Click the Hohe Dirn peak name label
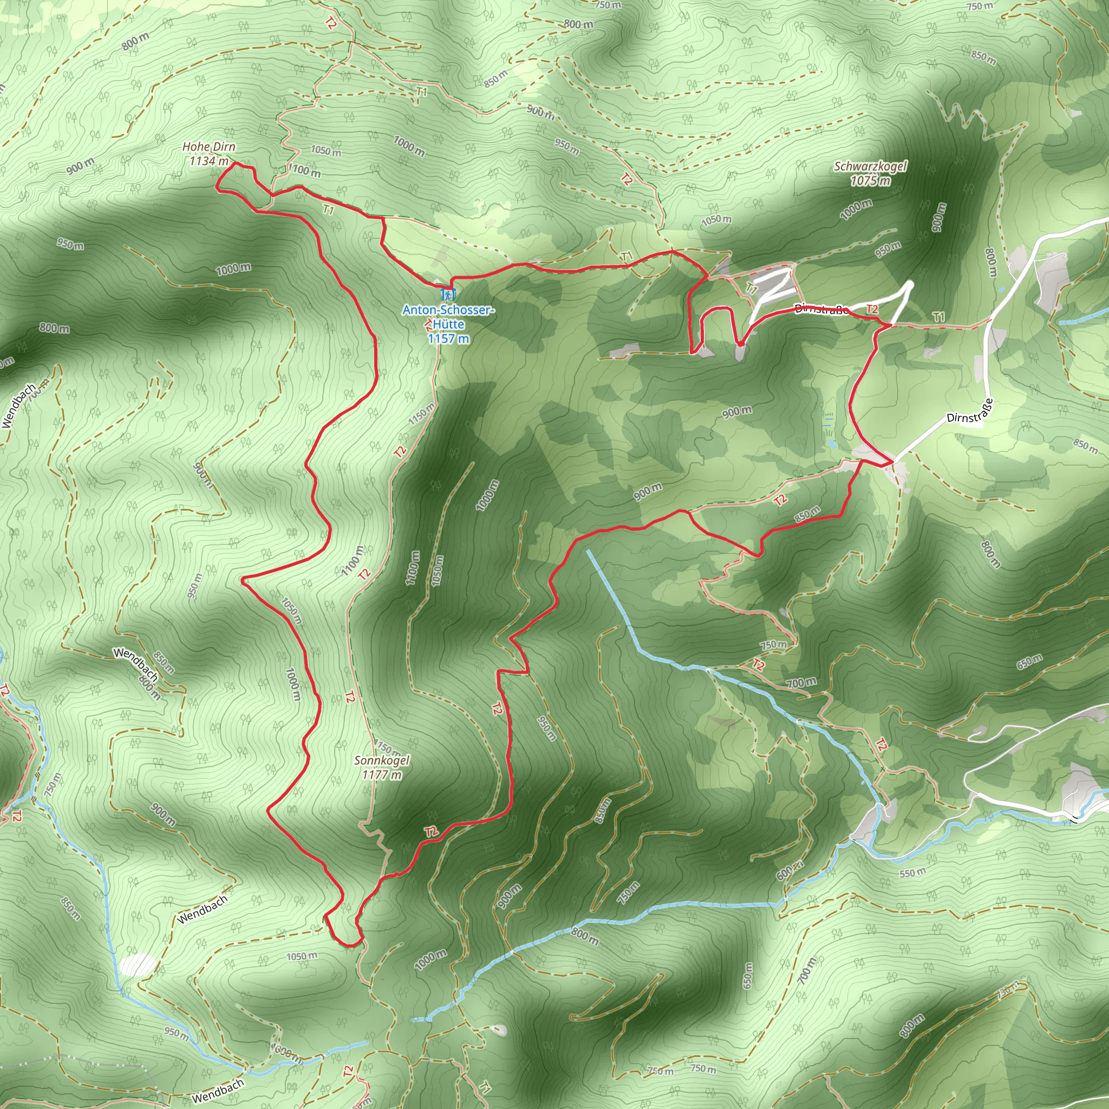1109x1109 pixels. point(209,147)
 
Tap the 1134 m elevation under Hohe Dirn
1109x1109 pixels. point(209,161)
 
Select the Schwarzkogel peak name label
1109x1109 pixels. point(870,166)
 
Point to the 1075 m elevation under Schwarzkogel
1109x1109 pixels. point(870,181)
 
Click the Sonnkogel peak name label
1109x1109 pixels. point(382,761)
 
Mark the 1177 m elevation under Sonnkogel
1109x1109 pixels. point(382,775)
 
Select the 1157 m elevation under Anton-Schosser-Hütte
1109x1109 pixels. point(448,338)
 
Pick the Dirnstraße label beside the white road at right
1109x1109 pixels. point(969,411)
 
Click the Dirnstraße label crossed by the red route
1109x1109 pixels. point(821,310)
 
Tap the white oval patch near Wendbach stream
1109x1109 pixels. point(137,966)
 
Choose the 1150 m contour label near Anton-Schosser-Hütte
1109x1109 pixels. point(421,414)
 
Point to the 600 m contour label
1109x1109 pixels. point(791,871)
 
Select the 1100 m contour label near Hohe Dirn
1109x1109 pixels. point(304,171)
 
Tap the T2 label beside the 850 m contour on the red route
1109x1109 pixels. point(781,500)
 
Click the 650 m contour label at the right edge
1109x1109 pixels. point(1029,662)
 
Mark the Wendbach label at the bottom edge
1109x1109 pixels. point(218,1091)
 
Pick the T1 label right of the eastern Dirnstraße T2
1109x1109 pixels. point(939,317)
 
